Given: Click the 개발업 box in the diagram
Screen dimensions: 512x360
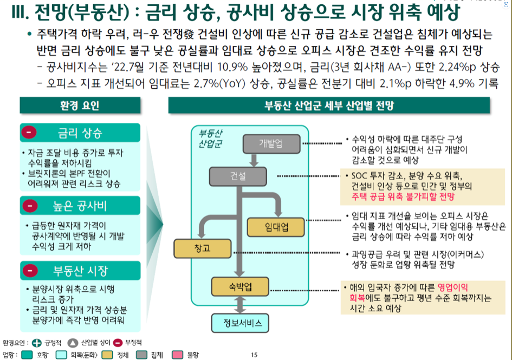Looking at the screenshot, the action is (x=270, y=143).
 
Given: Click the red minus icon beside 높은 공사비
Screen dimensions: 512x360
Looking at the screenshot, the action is (x=31, y=206).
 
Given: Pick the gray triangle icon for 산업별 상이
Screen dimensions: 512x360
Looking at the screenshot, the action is (x=73, y=343).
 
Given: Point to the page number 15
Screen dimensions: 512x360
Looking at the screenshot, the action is (x=254, y=355).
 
